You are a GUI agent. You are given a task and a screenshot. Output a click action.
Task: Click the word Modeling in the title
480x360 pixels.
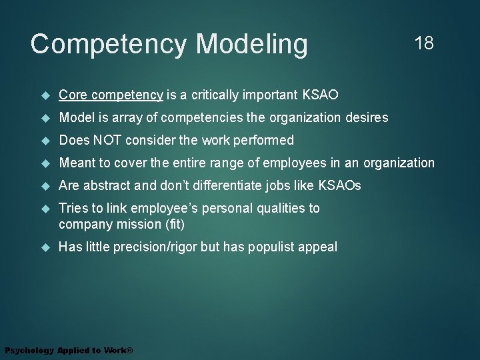tap(251, 45)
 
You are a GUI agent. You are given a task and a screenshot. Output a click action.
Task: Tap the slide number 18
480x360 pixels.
tap(423, 44)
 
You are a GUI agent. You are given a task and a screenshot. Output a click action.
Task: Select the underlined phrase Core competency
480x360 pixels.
tap(111, 95)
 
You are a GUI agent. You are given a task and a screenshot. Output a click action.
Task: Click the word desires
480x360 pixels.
tap(367, 118)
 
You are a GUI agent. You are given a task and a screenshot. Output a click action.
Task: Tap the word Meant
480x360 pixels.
tap(77, 163)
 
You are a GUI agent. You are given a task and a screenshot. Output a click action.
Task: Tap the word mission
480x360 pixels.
tap(135, 224)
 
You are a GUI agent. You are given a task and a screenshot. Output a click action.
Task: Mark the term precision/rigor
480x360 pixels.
tap(153, 247)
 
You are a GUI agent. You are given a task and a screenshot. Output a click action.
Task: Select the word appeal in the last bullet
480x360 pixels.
tap(319, 247)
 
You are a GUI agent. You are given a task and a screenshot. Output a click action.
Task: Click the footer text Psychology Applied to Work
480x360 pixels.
tap(69, 351)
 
